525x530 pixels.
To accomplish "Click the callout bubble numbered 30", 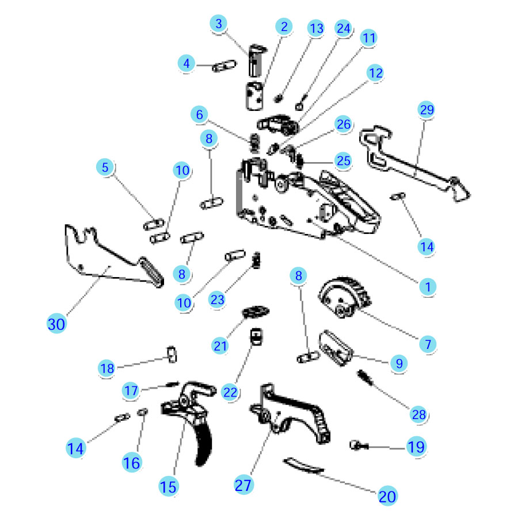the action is (56, 324).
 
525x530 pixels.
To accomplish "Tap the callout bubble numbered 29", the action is (427, 110).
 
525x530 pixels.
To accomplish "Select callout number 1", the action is (428, 287).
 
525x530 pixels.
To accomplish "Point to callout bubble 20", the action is (387, 496).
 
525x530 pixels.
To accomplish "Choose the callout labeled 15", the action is (168, 487).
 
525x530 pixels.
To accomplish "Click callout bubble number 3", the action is (219, 24).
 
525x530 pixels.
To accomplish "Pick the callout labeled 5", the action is (105, 167).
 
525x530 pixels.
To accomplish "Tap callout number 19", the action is (416, 447).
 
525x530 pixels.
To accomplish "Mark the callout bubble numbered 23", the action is (218, 299).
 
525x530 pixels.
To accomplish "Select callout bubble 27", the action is (244, 485).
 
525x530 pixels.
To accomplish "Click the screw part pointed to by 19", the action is (359, 445).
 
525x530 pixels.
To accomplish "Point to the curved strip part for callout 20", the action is (303, 466).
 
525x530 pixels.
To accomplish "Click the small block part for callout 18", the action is (172, 354).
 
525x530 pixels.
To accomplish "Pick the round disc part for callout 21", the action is (256, 312).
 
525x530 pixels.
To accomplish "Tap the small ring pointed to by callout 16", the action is (143, 412).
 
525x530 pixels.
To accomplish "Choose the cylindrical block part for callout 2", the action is (254, 96).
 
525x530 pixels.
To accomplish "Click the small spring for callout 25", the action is (299, 161).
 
